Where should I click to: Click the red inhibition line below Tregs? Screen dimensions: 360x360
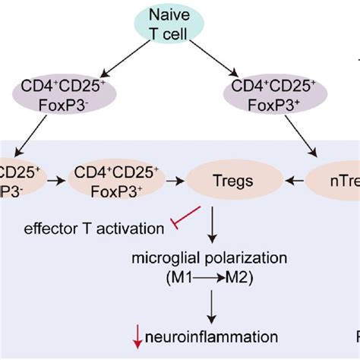tap(187, 216)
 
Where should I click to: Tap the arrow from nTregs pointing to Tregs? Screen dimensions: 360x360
tap(291, 182)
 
